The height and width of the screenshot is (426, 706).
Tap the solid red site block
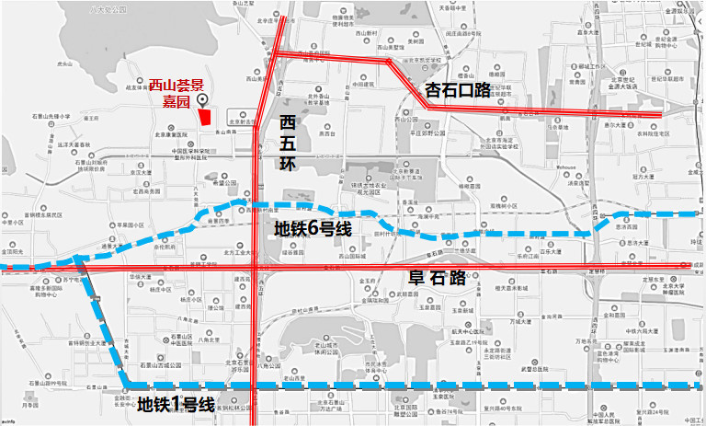pyautogui.click(x=205, y=117)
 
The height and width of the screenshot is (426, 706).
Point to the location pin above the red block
pyautogui.click(x=203, y=100)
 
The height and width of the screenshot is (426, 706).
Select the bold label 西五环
pyautogui.click(x=290, y=143)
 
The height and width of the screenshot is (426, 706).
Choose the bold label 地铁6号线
pyautogui.click(x=313, y=229)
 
